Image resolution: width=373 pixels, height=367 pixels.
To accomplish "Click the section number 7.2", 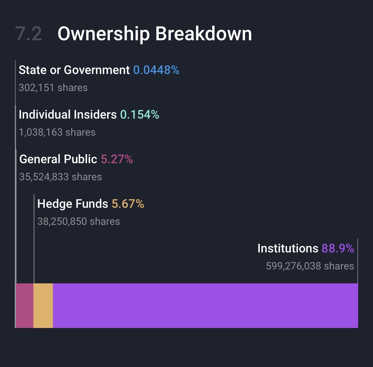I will [28, 33].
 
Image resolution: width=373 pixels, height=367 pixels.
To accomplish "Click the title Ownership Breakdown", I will [155, 33].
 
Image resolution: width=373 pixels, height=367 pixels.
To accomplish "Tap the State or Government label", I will [74, 70].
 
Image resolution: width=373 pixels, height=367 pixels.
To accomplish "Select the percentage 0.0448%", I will [156, 70].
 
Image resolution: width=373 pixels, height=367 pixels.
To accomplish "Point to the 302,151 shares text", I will [53, 88].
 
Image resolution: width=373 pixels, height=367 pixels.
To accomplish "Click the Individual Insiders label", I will [67, 115].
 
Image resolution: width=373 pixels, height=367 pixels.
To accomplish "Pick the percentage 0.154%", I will [139, 115].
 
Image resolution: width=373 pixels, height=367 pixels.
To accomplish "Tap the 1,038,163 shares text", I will [57, 132].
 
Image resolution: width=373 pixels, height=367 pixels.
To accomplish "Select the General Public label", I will [58, 159].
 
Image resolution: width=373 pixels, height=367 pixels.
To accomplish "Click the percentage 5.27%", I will [117, 159].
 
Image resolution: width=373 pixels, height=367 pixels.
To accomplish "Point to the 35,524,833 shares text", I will [61, 177].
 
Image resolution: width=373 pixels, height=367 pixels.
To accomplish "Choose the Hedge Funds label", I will [73, 204].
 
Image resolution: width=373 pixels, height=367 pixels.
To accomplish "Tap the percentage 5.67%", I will [128, 204].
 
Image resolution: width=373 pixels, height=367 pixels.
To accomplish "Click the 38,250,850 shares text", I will [79, 221].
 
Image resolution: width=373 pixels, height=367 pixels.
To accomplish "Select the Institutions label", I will [288, 249].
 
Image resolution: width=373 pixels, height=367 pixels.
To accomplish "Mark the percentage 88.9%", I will [338, 249].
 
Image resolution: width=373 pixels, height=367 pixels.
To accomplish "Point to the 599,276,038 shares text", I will [310, 266].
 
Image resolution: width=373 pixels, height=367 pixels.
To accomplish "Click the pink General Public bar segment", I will [24, 305].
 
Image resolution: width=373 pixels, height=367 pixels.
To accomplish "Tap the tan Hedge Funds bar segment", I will [43, 305].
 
